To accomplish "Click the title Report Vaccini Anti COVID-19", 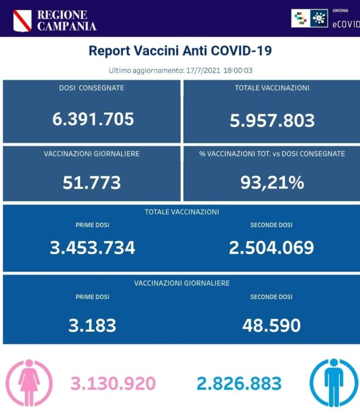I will point(180,51).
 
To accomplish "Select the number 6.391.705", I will point(93,119).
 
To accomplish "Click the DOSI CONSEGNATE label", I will point(92,88).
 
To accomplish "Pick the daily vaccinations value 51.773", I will point(92,182).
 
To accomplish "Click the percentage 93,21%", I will point(272,182).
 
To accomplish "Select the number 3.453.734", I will point(93,248).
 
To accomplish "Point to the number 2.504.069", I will point(272,248).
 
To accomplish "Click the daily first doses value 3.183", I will point(92,325).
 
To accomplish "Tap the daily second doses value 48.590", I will point(272,325).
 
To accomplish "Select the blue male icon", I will point(333,383).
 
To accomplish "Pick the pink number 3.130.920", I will point(113,383).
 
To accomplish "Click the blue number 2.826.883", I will point(239,383).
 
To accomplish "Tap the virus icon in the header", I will point(320,18).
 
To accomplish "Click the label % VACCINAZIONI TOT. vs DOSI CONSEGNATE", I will point(272,154).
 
